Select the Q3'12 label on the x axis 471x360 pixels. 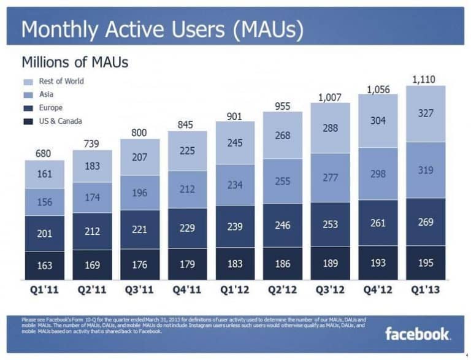coord(330,290)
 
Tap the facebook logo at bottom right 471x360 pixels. coord(417,334)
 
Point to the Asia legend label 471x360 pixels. coord(46,94)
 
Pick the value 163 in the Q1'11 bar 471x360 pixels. coord(44,266)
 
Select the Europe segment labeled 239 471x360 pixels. coord(235,226)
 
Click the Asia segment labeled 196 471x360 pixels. coord(140,194)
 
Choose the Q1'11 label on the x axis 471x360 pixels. coord(44,290)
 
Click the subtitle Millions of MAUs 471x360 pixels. coord(74,62)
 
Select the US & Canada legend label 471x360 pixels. coord(60,121)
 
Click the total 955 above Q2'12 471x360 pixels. coord(283,105)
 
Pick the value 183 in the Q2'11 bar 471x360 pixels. coord(92,167)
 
